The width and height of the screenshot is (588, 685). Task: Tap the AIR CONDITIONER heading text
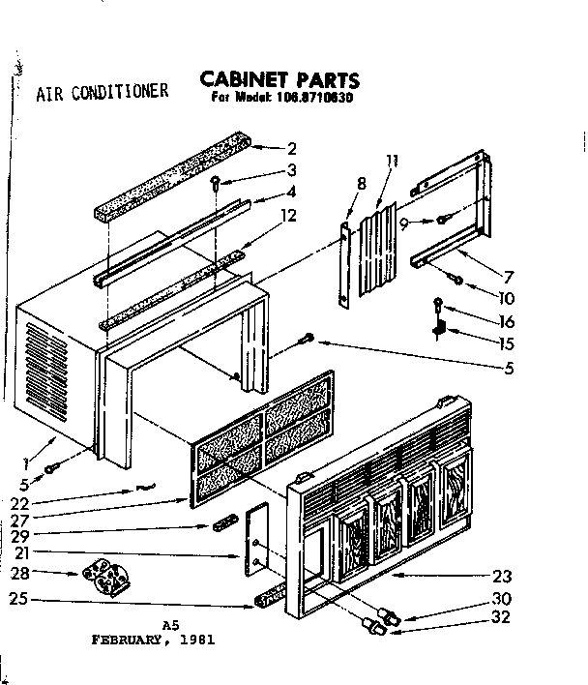click(103, 94)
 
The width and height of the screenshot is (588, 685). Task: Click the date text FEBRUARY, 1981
click(153, 640)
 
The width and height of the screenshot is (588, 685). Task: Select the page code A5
click(172, 626)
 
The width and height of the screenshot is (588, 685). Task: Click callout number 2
click(291, 148)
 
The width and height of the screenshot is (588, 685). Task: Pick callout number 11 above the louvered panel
click(391, 161)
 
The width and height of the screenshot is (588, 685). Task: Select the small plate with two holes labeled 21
click(255, 546)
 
